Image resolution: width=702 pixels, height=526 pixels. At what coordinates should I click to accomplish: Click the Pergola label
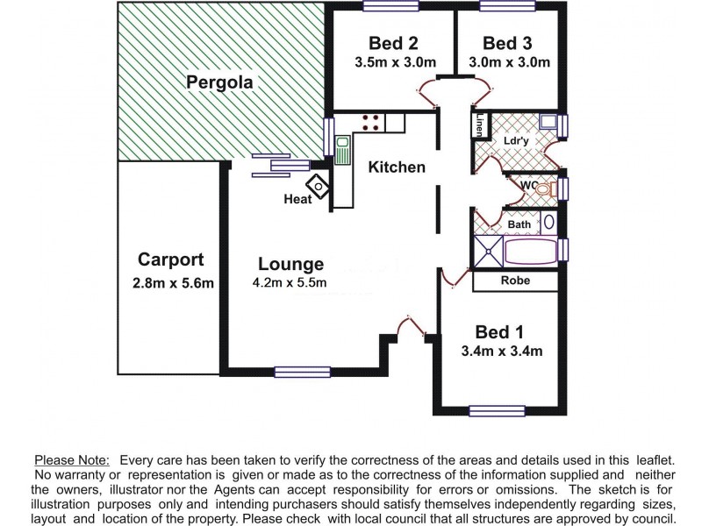click(219, 83)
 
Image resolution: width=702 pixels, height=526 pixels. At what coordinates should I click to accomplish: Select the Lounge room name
click(290, 264)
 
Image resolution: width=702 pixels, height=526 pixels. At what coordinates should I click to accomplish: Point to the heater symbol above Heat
click(317, 185)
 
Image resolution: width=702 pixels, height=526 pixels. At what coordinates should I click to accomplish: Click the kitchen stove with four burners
click(370, 122)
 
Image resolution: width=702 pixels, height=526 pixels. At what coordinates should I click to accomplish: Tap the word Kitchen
click(396, 167)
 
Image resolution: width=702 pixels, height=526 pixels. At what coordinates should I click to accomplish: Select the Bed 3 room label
click(507, 43)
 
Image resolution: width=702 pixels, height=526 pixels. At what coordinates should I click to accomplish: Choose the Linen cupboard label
click(480, 125)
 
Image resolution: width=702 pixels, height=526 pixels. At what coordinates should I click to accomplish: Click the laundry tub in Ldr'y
click(548, 122)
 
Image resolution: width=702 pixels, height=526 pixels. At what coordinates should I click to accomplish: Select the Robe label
click(514, 281)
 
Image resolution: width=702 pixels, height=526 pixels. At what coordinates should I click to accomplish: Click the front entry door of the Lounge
click(411, 326)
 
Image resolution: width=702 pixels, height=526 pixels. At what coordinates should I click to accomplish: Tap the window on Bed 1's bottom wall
click(497, 409)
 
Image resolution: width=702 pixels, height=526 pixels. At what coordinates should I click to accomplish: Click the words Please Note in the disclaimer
click(71, 460)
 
